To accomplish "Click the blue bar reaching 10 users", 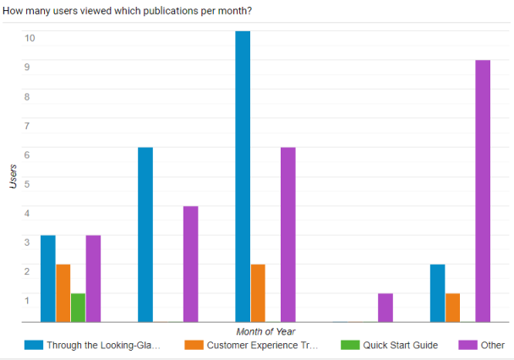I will pyautogui.click(x=243, y=177).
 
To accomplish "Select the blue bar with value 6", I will pyautogui.click(x=145, y=235).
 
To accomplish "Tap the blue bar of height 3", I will pyautogui.click(x=48, y=279).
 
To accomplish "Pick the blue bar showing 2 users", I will pyautogui.click(x=437, y=293).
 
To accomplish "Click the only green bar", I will pyautogui.click(x=79, y=308).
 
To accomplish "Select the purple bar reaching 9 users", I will pyautogui.click(x=483, y=191).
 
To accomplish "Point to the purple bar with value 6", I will pyautogui.click(x=288, y=235).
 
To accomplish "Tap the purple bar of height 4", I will pyautogui.click(x=191, y=265).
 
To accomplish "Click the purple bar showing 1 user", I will pyautogui.click(x=385, y=308).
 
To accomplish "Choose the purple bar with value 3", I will pyautogui.click(x=94, y=279).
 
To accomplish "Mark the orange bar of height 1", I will pyautogui.click(x=452, y=308).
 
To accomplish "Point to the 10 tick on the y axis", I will pyautogui.click(x=30, y=38).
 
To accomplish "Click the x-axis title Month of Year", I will pyautogui.click(x=265, y=330).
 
